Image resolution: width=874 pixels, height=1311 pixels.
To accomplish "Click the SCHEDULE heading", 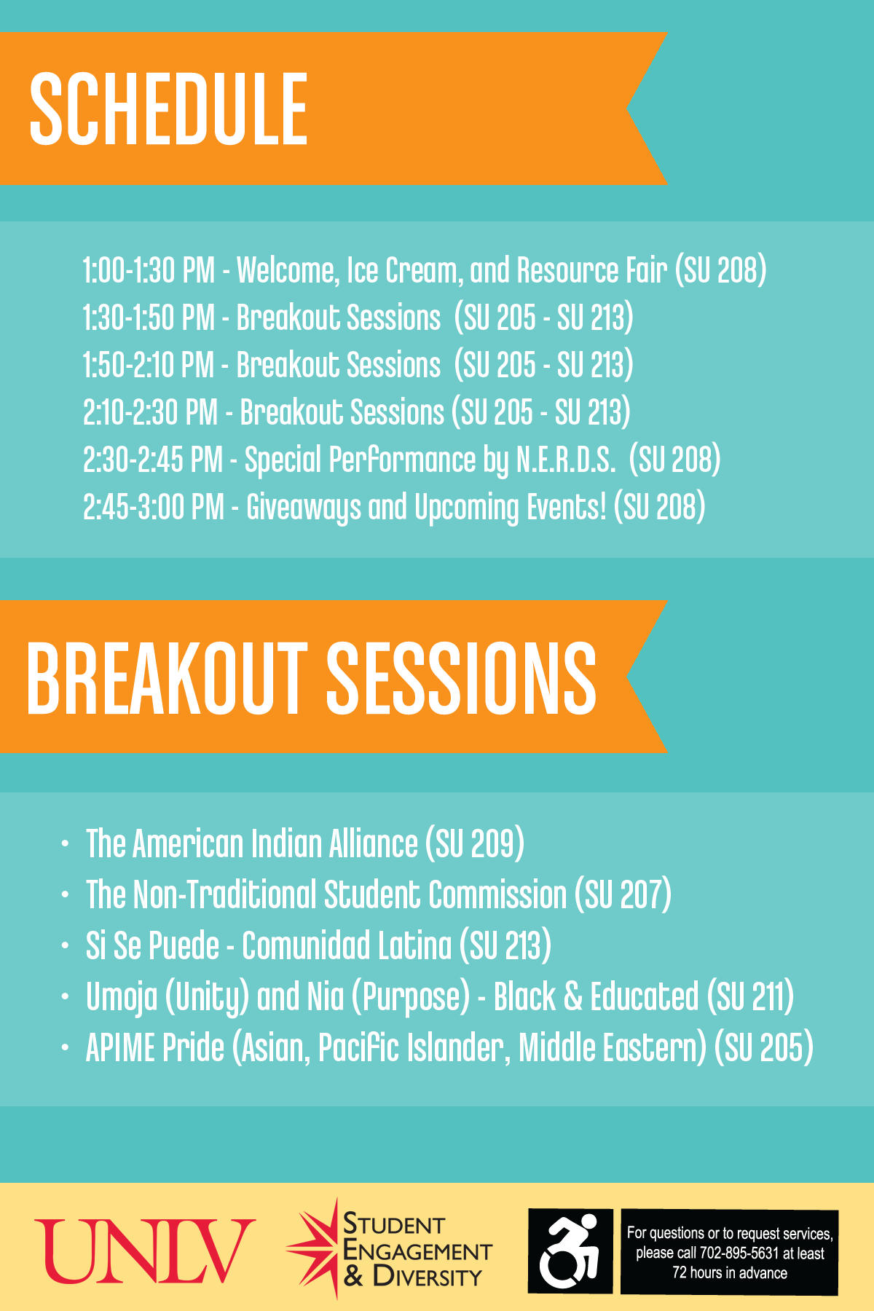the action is [x=168, y=109].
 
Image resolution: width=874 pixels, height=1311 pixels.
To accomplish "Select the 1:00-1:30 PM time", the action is [x=149, y=270].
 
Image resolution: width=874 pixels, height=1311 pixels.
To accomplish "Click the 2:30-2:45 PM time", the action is [x=153, y=460].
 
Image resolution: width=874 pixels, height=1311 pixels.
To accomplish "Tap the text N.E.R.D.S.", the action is [x=565, y=460].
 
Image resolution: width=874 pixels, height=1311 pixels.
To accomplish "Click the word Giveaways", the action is [x=303, y=508].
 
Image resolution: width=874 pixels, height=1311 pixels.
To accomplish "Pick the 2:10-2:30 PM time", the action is [x=150, y=412].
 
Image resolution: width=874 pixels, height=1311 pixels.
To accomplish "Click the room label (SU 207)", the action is [x=623, y=894].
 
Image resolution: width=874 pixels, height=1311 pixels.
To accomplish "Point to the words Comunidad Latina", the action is [x=347, y=945].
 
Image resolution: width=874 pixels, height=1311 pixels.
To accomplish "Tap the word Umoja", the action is [x=122, y=998].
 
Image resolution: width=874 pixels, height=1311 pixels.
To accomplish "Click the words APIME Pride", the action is [x=155, y=1047].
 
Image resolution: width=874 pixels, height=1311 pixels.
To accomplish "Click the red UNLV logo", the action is [x=145, y=1251].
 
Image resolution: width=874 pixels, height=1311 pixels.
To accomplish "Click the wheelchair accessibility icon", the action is [x=570, y=1251].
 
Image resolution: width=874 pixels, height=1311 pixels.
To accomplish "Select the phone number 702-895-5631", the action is [x=739, y=1253].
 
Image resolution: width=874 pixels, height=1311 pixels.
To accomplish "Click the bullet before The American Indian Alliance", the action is [x=66, y=844].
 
